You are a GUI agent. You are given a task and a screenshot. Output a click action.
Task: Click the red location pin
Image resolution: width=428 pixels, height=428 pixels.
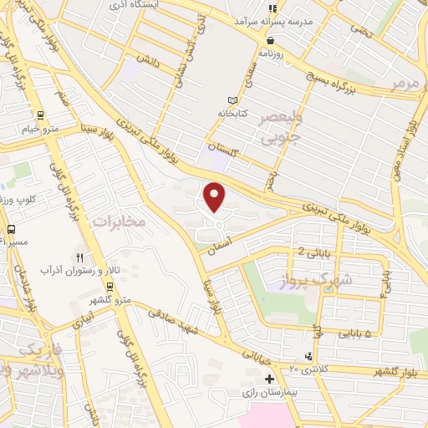point(215,197)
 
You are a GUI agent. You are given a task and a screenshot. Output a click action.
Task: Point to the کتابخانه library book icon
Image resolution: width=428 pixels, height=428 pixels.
point(221,99)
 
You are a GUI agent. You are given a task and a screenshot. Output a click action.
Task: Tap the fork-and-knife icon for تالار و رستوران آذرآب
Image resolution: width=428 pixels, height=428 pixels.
point(80,257)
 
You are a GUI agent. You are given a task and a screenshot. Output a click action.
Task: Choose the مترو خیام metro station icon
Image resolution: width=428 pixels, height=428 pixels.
point(39,115)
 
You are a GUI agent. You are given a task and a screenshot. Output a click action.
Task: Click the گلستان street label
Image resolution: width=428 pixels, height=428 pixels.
point(224,147)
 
